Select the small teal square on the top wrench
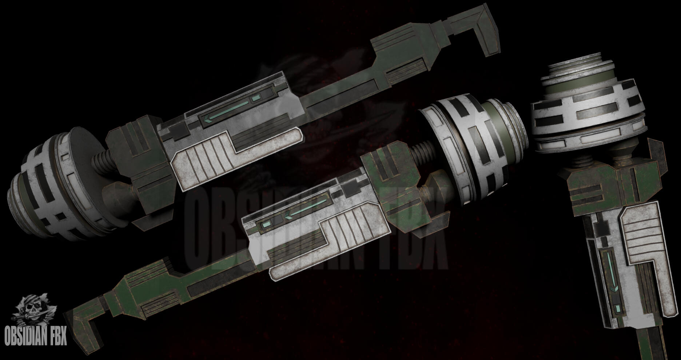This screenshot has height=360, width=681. [x=256, y=97]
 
